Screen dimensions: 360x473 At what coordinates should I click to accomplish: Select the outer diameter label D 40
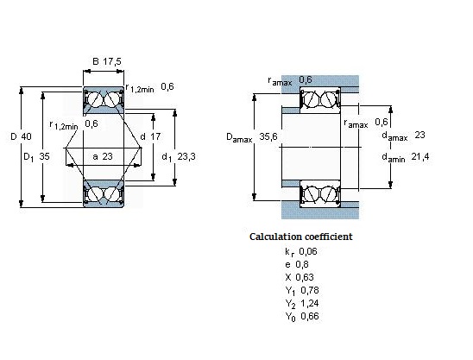(22, 137)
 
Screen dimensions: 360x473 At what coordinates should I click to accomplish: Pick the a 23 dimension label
(102, 156)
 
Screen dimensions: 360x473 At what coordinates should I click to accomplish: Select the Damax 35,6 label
(250, 136)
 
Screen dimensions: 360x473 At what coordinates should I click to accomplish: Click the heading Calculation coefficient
(300, 236)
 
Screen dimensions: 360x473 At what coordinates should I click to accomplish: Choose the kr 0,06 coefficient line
(301, 250)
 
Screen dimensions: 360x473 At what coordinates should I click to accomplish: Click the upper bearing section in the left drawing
(104, 101)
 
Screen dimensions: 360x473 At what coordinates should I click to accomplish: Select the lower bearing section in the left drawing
(104, 193)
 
